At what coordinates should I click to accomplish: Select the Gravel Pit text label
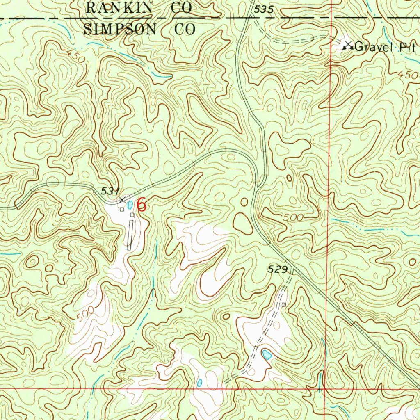(x=385, y=47)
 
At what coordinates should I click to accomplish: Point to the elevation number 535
(x=263, y=10)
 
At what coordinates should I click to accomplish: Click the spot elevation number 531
(x=110, y=191)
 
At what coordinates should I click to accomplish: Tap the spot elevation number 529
(x=277, y=269)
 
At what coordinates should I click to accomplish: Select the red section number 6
(x=141, y=204)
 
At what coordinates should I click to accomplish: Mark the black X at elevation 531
(x=122, y=200)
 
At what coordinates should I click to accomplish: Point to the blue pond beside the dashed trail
(x=267, y=354)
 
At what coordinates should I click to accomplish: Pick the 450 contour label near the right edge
(x=408, y=75)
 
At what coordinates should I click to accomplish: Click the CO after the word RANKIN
(x=182, y=7)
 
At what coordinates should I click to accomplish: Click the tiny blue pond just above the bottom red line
(x=199, y=382)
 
